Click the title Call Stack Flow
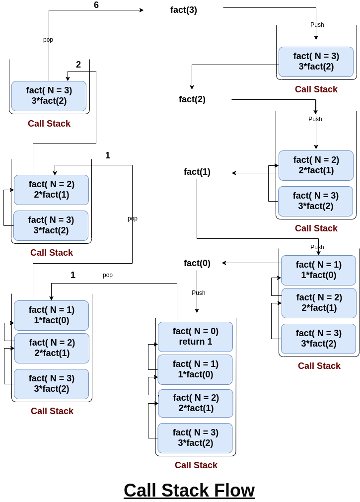[189, 490]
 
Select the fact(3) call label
[184, 10]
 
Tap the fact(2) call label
[192, 99]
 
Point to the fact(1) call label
[197, 172]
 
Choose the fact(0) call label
[197, 263]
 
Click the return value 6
[96, 5]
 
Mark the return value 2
[78, 65]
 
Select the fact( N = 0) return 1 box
[195, 337]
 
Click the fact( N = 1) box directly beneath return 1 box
[195, 369]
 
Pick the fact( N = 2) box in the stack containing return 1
[195, 403]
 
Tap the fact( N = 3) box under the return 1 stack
[195, 438]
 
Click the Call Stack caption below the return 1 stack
[196, 465]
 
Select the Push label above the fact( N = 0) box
[199, 293]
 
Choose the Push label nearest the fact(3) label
[317, 25]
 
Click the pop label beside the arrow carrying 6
[48, 40]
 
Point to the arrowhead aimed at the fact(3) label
[142, 10]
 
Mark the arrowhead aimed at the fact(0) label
[224, 263]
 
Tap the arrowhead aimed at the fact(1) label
[234, 173]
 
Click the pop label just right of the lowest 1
[108, 275]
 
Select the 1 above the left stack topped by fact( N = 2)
[108, 155]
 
